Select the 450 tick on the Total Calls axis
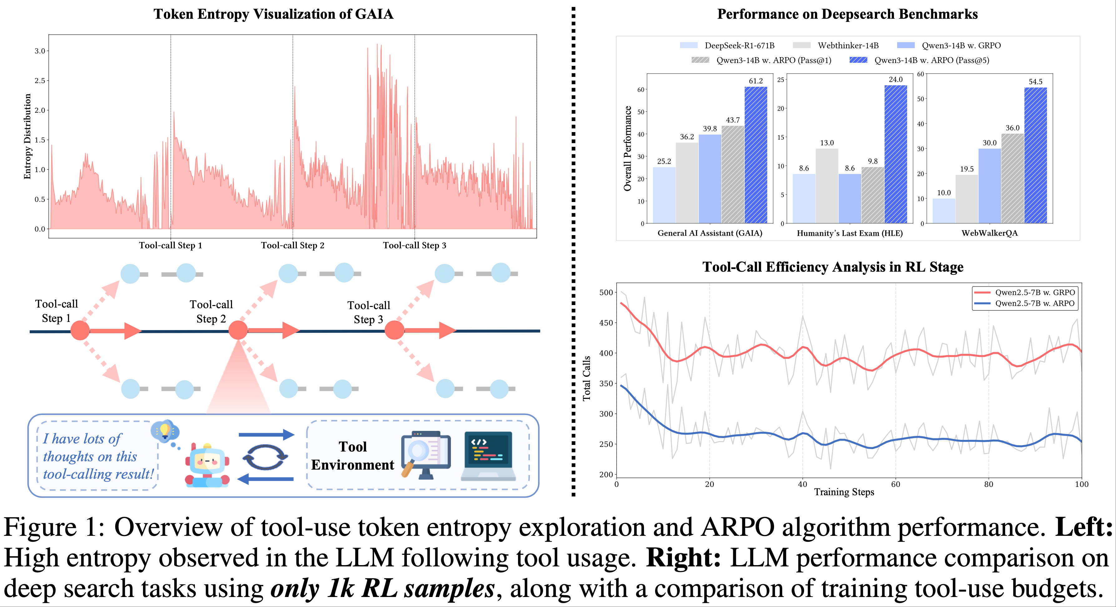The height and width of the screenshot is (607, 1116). point(606,323)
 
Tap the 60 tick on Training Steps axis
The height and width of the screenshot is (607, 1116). point(896,484)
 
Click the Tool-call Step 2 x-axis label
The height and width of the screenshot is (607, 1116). point(293,245)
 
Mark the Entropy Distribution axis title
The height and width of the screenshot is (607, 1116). point(27,136)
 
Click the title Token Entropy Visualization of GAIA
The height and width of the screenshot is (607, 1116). point(273,14)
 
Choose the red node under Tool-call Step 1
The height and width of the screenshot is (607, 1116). point(80,331)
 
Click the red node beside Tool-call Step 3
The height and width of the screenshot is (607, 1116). point(394,331)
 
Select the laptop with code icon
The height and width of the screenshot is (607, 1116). point(488,456)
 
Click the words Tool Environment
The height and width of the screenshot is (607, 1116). point(353,456)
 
